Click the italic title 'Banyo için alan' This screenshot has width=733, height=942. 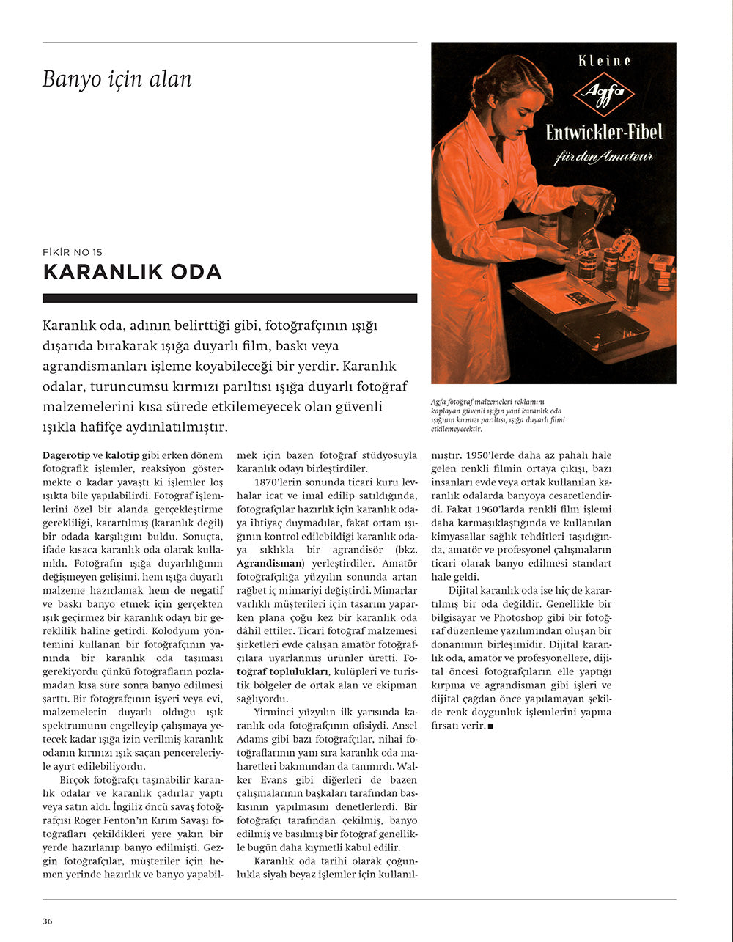(117, 79)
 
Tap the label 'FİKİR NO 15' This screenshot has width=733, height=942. (73, 252)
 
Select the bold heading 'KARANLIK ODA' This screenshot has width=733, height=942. (132, 272)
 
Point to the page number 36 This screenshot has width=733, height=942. (47, 921)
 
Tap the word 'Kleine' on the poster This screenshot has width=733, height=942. (604, 62)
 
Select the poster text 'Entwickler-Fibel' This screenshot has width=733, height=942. (604, 133)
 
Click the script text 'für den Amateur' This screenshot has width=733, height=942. (604, 157)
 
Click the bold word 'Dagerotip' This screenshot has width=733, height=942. (66, 455)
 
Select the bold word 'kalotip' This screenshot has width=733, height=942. (125, 455)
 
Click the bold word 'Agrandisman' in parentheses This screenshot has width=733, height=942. (269, 563)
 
